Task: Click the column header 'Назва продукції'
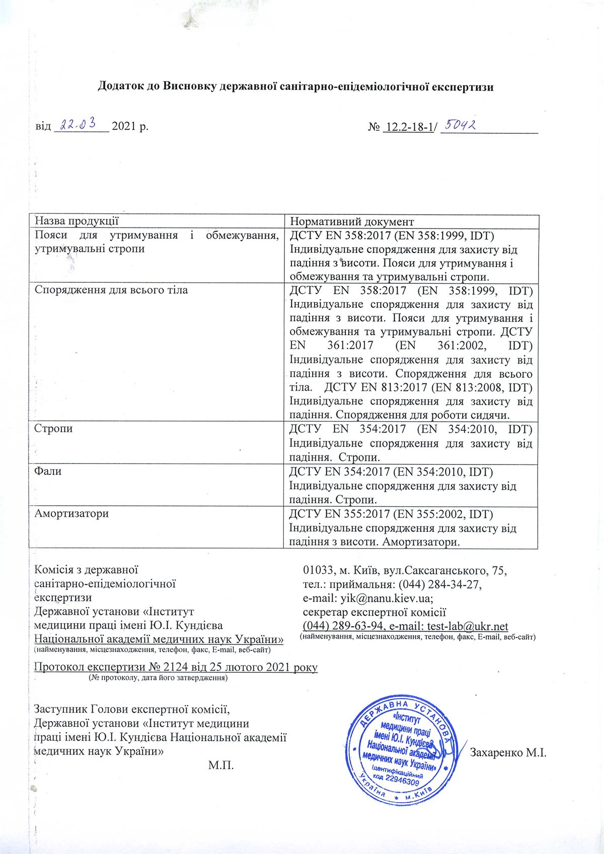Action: tap(76, 221)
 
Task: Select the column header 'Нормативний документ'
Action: tap(352, 221)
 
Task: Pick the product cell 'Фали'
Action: tap(45, 472)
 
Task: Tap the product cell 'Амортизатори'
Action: tap(71, 514)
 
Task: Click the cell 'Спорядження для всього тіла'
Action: tap(111, 290)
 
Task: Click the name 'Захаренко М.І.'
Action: tap(508, 753)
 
